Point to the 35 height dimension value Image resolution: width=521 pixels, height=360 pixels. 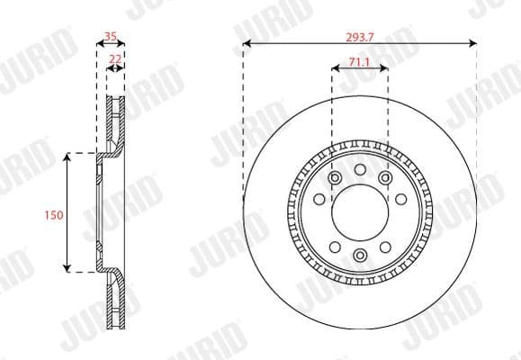tap(111, 37)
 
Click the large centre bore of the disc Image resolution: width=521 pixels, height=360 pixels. tap(359, 212)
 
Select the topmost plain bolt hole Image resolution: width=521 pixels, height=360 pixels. tap(359, 170)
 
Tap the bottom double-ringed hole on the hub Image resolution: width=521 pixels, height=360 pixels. tap(359, 256)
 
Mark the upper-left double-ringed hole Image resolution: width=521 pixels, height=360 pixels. tap(334, 179)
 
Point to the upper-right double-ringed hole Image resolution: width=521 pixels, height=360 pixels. tap(385, 179)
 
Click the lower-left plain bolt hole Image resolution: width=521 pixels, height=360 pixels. tap(334, 247)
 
